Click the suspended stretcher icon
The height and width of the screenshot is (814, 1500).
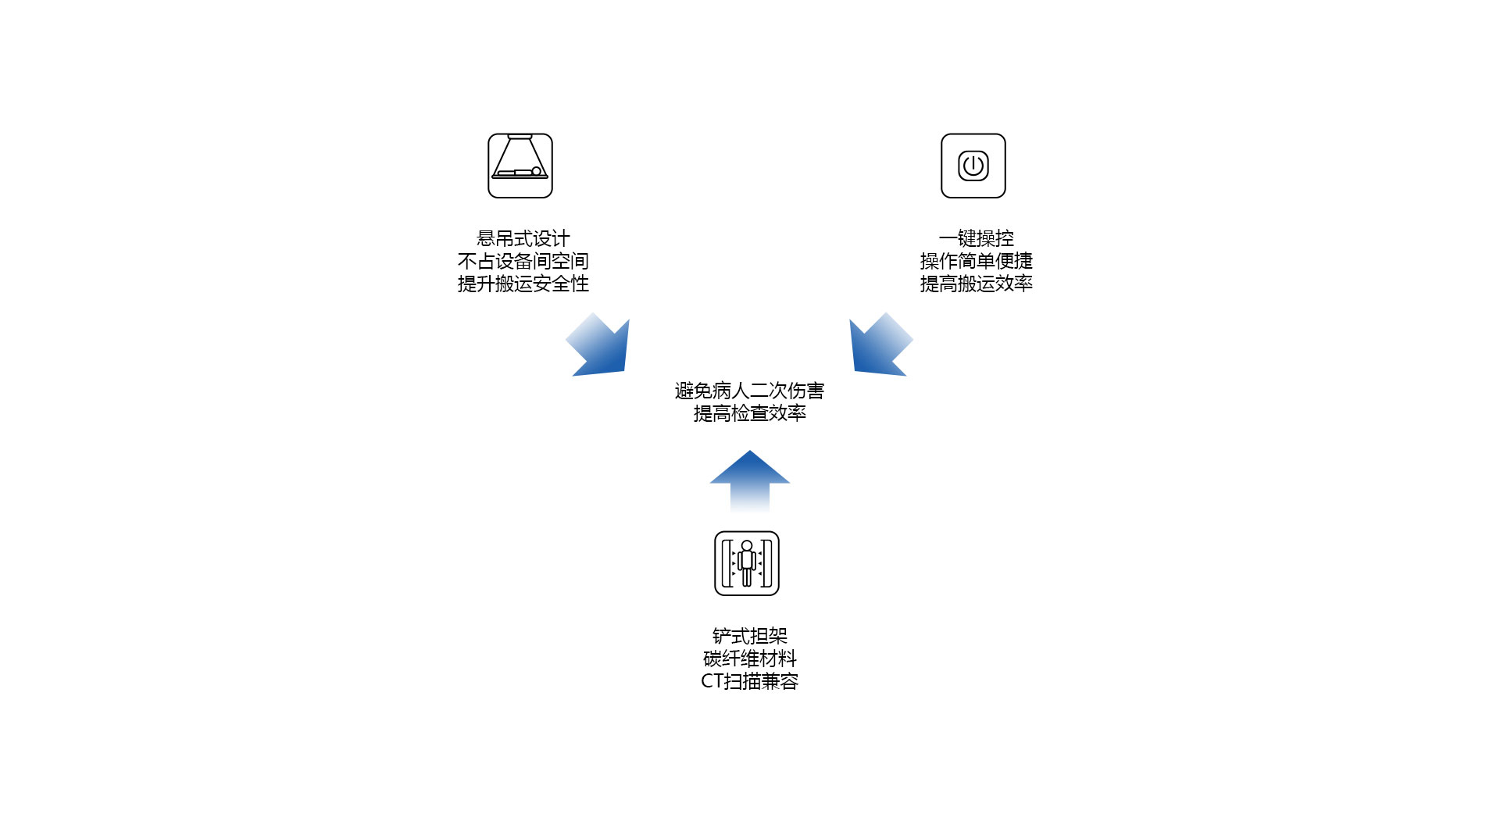pyautogui.click(x=520, y=166)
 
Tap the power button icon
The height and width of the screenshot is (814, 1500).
pyautogui.click(x=973, y=166)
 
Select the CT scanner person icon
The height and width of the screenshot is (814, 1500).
pyautogui.click(x=747, y=563)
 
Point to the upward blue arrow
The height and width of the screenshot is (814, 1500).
pyautogui.click(x=750, y=480)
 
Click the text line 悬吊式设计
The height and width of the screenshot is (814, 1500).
pyautogui.click(x=523, y=238)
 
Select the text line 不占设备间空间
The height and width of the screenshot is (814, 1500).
pyautogui.click(x=523, y=261)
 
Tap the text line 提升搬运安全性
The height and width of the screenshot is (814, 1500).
pyautogui.click(x=523, y=284)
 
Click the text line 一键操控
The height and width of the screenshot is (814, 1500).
pyautogui.click(x=977, y=238)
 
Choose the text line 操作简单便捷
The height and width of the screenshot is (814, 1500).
pyautogui.click(x=977, y=261)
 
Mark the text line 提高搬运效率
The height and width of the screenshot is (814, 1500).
pyautogui.click(x=977, y=284)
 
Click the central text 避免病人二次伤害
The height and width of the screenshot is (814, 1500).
pyautogui.click(x=750, y=391)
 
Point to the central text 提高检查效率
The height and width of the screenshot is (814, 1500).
pyautogui.click(x=750, y=413)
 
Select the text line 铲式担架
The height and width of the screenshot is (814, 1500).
pyautogui.click(x=750, y=636)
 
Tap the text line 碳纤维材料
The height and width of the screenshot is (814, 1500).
pyautogui.click(x=750, y=659)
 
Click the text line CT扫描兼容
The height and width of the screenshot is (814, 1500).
pyautogui.click(x=750, y=681)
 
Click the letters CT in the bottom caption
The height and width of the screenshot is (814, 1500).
pyautogui.click(x=712, y=681)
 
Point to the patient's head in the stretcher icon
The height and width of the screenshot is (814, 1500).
pyautogui.click(x=536, y=171)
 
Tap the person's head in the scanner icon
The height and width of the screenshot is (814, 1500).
pyautogui.click(x=747, y=545)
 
